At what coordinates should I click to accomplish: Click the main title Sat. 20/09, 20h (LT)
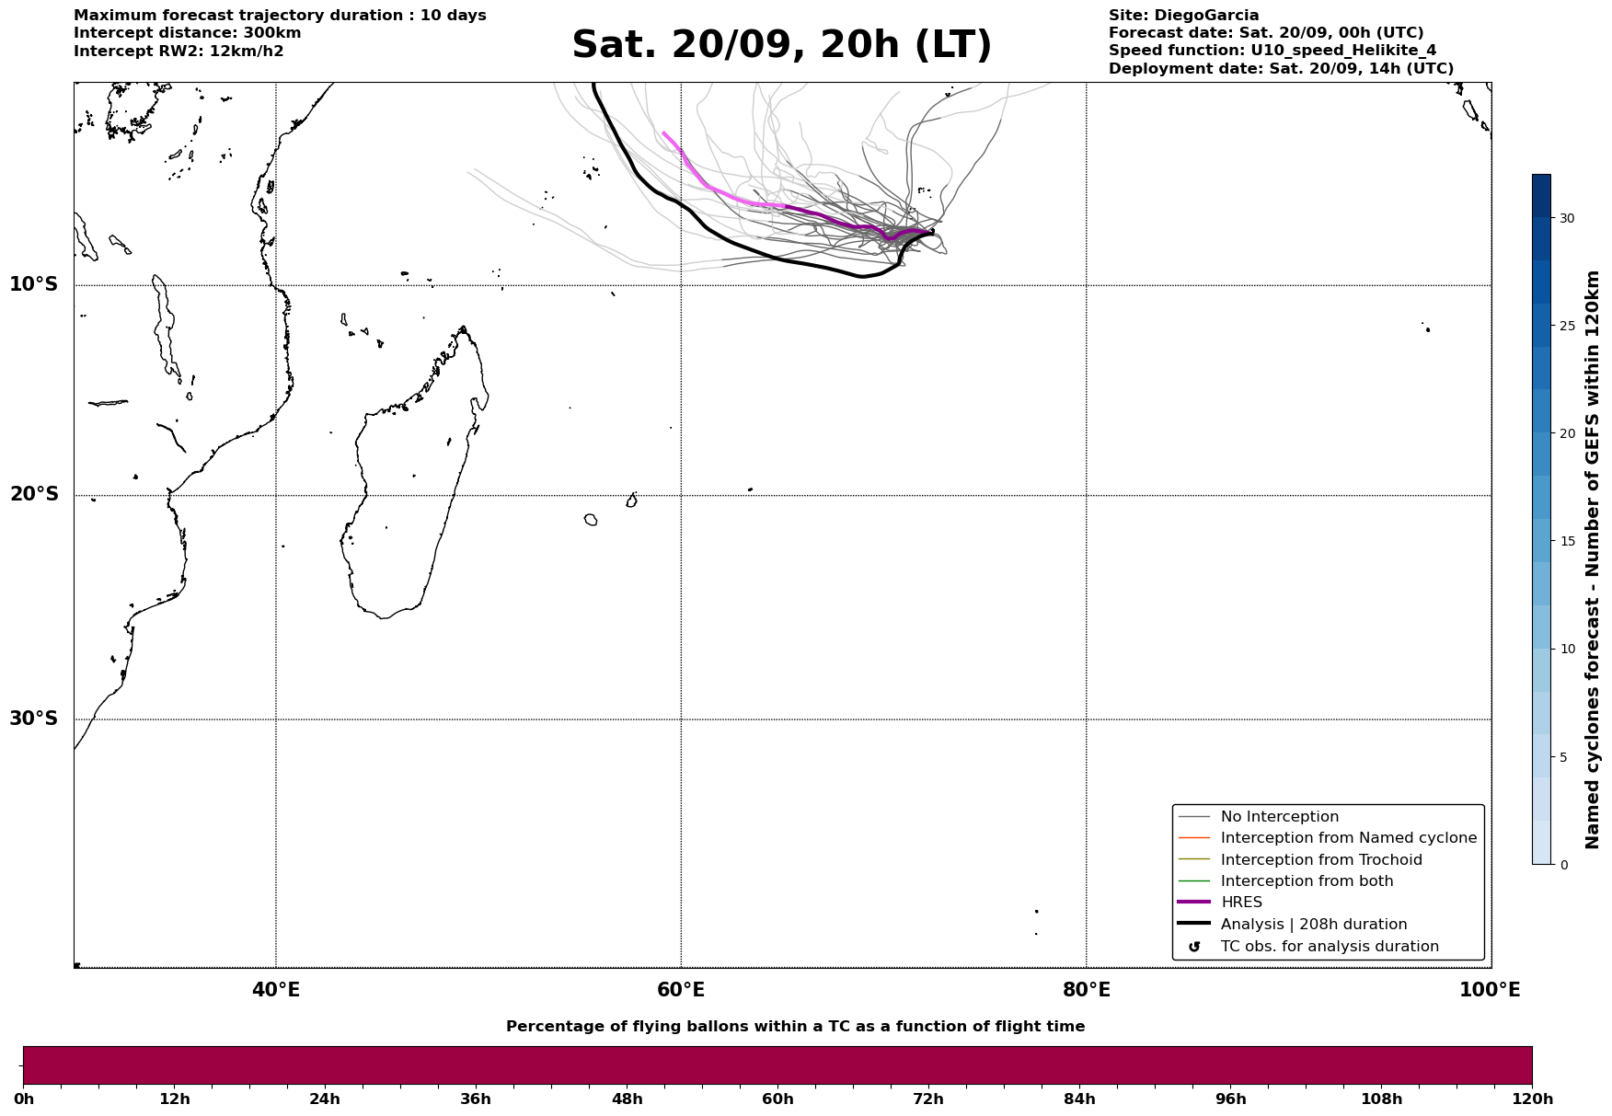(x=781, y=45)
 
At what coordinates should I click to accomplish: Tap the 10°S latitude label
(x=34, y=284)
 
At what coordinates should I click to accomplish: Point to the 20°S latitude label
(x=34, y=495)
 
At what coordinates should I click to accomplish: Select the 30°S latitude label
(x=34, y=719)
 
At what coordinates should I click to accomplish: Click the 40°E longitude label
(x=276, y=990)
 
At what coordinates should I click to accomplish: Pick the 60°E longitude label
(x=681, y=990)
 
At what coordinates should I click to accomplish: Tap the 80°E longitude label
(x=1086, y=990)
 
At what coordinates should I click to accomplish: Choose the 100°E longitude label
(x=1490, y=990)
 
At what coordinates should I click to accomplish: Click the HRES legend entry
(x=1241, y=903)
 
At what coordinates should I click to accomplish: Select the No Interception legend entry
(x=1279, y=817)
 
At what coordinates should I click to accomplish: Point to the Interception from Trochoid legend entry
(x=1320, y=860)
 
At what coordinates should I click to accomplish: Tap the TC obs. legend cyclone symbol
(x=1194, y=947)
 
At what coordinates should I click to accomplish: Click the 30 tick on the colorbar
(x=1567, y=218)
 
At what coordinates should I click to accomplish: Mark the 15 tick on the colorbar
(x=1567, y=541)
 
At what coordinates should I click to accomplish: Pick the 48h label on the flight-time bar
(x=627, y=1099)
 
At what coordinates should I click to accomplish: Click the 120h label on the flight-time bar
(x=1532, y=1099)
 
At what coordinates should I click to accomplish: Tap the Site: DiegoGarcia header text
(x=1183, y=16)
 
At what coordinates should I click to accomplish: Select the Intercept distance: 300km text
(x=187, y=33)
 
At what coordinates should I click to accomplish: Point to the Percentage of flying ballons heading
(x=795, y=1027)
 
